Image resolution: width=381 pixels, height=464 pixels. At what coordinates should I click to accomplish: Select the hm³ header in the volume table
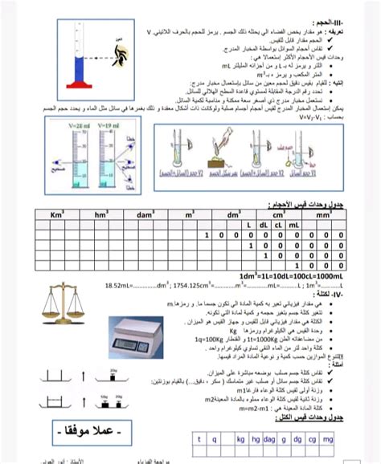tap(101, 216)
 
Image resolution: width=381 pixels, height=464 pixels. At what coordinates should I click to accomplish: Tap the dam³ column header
tap(145, 216)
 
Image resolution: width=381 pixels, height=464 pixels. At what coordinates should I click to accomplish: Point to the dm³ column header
tap(233, 216)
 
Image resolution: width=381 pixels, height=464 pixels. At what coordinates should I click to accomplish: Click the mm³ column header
tap(321, 216)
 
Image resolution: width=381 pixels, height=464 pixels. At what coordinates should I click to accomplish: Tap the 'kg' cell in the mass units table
tap(240, 439)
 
